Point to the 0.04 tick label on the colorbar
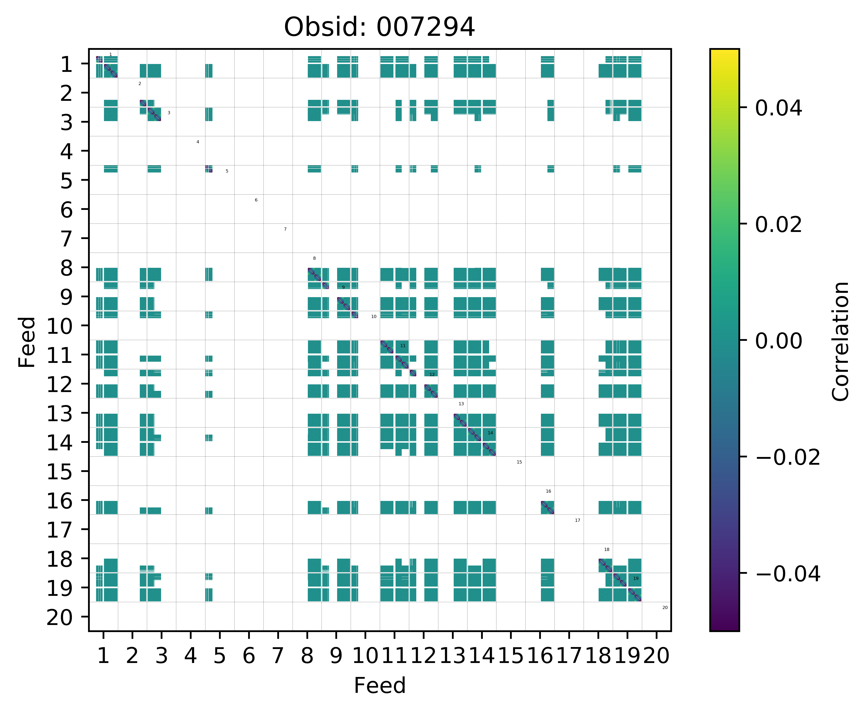(778, 108)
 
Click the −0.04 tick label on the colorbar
(787, 574)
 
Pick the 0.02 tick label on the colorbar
(778, 225)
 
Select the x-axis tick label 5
(220, 656)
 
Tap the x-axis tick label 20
(656, 656)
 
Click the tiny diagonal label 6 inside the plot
(256, 200)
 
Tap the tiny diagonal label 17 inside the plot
(578, 520)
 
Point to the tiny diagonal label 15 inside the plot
(519, 462)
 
